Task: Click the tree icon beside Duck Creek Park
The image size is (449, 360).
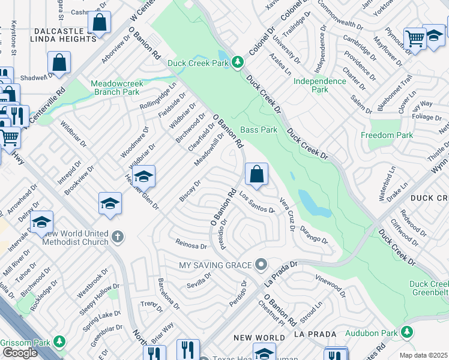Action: coord(238,61)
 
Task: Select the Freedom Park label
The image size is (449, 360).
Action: coord(387,136)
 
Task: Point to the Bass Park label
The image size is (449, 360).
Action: coord(259,130)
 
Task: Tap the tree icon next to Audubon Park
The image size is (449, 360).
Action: coord(408,332)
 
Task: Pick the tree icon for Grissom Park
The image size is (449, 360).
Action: coord(59,341)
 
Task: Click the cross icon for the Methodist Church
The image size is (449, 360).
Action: coord(117,236)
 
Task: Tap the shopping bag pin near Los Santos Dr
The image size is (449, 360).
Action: coord(256,175)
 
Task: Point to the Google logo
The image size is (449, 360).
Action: coord(20,353)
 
